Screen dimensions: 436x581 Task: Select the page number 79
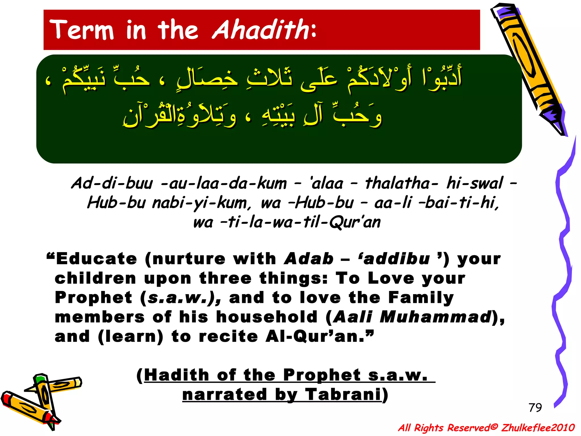[x=535, y=408]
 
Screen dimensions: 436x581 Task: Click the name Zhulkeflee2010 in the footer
[x=538, y=427]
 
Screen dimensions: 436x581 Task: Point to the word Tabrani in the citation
[x=343, y=395]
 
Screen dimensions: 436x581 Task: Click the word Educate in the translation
[x=96, y=259]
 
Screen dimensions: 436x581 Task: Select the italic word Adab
[x=309, y=259]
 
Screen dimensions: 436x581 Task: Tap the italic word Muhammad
[x=435, y=317]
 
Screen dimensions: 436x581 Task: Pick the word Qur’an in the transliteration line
[x=355, y=222]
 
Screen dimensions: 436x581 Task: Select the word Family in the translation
[x=421, y=297]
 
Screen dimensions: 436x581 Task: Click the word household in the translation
[x=267, y=317]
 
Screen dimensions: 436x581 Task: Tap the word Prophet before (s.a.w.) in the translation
[x=94, y=297]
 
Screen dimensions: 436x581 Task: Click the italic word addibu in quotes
[x=397, y=259]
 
